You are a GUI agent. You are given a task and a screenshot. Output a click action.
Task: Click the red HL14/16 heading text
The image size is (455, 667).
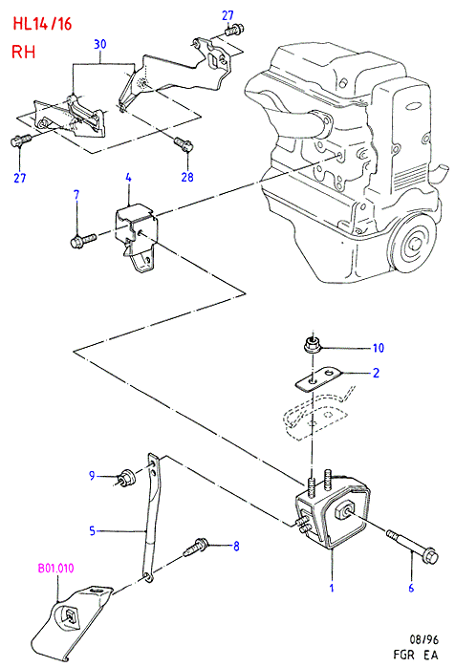click(42, 24)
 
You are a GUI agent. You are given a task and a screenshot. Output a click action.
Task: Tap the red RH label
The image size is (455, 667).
click(23, 52)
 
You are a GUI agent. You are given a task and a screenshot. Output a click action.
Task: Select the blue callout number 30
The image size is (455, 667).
click(100, 44)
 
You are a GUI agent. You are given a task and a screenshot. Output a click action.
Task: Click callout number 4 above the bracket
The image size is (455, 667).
click(128, 178)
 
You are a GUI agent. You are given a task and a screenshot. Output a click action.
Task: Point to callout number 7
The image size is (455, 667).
click(76, 195)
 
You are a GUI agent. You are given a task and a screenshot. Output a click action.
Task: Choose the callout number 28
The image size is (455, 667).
click(187, 177)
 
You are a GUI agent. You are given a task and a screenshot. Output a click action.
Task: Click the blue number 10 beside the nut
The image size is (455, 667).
click(379, 348)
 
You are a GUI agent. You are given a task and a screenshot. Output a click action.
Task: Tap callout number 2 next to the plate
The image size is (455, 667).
click(376, 373)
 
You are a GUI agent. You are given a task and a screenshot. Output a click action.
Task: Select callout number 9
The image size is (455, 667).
click(92, 475)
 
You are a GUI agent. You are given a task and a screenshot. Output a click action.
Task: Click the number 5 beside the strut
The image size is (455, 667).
click(93, 530)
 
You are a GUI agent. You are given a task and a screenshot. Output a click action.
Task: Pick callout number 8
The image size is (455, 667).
click(236, 546)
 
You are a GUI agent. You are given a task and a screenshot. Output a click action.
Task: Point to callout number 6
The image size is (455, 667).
click(411, 589)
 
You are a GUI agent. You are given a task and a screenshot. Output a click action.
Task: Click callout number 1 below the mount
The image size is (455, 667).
click(332, 589)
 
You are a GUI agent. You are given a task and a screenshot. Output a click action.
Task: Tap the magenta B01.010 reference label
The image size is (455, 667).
click(55, 568)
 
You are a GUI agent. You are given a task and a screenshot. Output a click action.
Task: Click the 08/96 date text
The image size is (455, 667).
click(423, 639)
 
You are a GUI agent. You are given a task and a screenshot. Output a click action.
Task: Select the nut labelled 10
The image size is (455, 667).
click(312, 344)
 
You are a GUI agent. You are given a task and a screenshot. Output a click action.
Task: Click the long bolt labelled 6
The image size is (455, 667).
click(412, 546)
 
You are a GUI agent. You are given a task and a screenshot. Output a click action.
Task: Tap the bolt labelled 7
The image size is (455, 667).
click(83, 241)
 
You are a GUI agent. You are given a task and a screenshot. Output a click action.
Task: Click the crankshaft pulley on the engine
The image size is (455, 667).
click(413, 244)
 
